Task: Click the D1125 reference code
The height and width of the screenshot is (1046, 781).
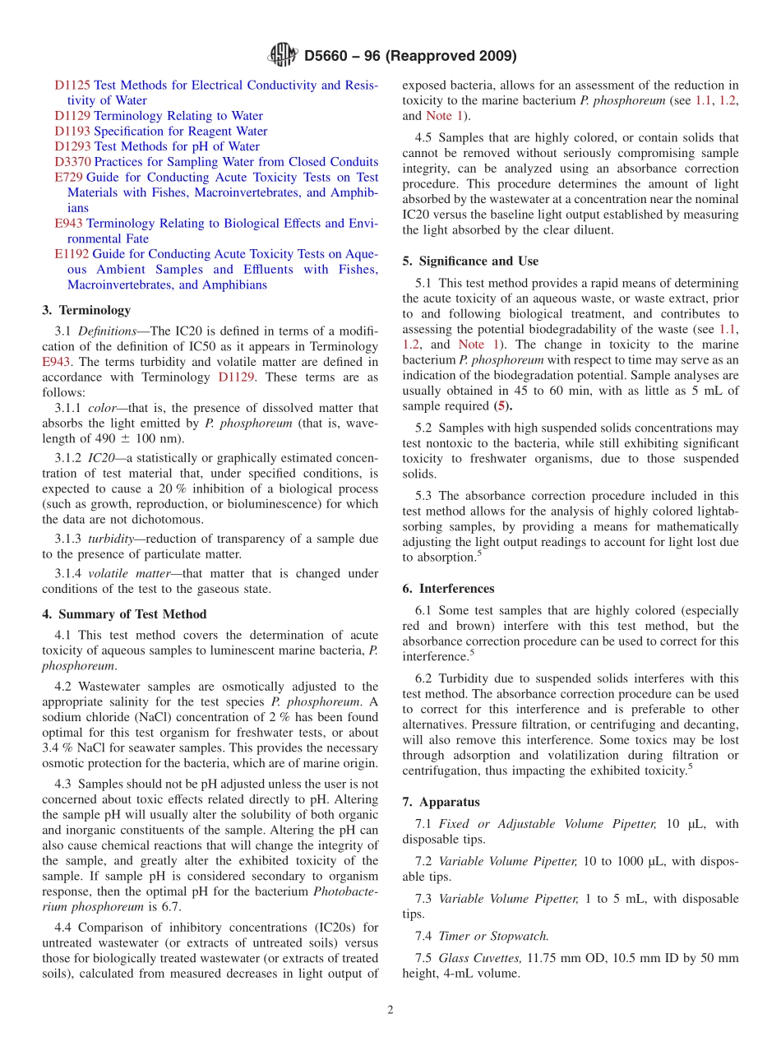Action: coord(72,85)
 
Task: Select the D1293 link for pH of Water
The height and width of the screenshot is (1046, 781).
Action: coord(72,146)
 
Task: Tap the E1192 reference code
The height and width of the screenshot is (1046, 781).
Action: coord(72,254)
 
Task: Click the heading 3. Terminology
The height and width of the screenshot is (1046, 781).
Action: coord(86,310)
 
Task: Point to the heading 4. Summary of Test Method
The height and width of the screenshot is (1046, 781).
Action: coord(124,614)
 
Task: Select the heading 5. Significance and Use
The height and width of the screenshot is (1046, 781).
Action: coord(470,261)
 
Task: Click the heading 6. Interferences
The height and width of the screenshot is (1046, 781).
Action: coord(448,589)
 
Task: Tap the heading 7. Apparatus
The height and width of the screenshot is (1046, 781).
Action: coord(441,802)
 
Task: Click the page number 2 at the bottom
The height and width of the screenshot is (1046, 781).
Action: coord(390,1010)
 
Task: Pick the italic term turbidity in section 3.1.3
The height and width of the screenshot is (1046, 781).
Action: coord(112,539)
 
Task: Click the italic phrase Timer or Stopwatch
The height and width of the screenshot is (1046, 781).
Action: coord(493,936)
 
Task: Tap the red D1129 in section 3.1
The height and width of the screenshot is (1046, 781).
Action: coord(236,377)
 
